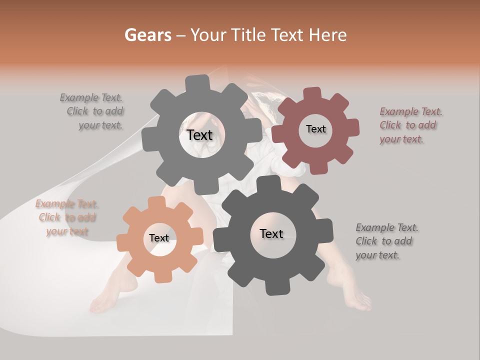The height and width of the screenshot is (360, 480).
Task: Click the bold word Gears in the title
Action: tap(148, 35)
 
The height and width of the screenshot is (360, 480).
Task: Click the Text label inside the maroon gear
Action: tap(315, 129)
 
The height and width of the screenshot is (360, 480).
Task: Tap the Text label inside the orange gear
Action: tap(159, 238)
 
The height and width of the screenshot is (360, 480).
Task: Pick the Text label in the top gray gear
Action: tap(199, 135)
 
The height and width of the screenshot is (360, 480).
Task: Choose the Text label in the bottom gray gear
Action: tap(271, 233)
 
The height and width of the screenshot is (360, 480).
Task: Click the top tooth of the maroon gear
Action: tap(313, 94)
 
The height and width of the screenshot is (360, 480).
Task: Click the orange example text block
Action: tap(66, 217)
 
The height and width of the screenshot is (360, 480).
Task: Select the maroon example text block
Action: tap(410, 125)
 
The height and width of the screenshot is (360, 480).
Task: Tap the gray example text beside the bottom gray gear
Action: tap(386, 241)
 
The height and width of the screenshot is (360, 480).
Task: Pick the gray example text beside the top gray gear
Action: tap(92, 111)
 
